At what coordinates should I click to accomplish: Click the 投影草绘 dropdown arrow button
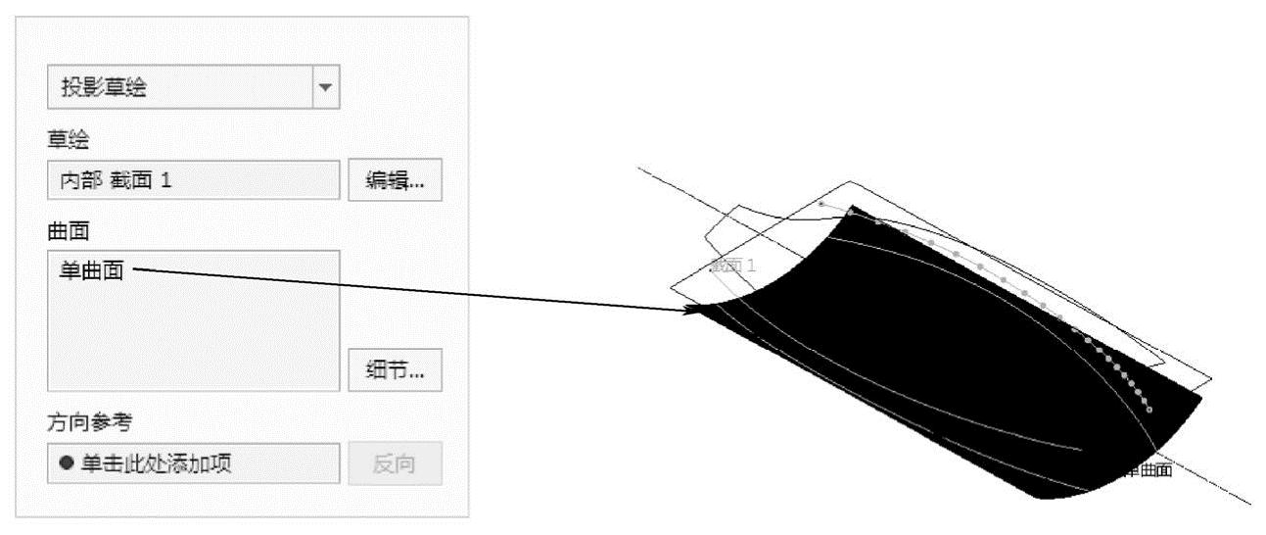pyautogui.click(x=326, y=88)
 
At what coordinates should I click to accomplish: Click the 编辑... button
pyautogui.click(x=395, y=180)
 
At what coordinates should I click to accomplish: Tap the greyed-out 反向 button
pyautogui.click(x=395, y=463)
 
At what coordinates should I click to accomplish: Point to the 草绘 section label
pyautogui.click(x=68, y=140)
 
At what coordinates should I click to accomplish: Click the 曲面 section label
pyautogui.click(x=68, y=229)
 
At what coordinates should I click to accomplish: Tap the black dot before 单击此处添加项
pyautogui.click(x=66, y=463)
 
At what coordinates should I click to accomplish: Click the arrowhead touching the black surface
pyautogui.click(x=696, y=311)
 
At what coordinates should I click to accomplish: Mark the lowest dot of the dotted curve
pyautogui.click(x=1149, y=409)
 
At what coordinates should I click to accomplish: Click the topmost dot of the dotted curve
pyautogui.click(x=821, y=203)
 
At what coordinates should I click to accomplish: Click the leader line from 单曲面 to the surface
pyautogui.click(x=411, y=290)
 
